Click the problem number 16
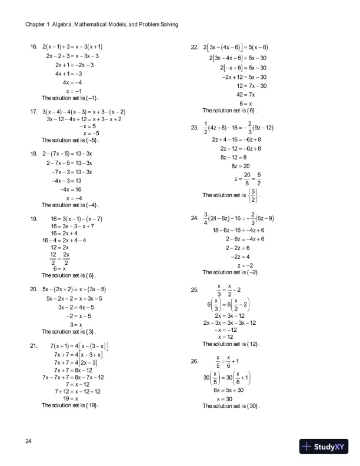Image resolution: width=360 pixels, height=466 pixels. (34, 45)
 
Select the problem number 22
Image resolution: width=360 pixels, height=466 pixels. (194, 46)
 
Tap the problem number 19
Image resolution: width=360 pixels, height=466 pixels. (34, 218)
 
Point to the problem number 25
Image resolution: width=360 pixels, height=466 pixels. (194, 289)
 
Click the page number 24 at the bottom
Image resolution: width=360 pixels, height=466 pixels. (30, 441)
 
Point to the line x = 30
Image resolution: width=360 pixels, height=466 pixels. (224, 399)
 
